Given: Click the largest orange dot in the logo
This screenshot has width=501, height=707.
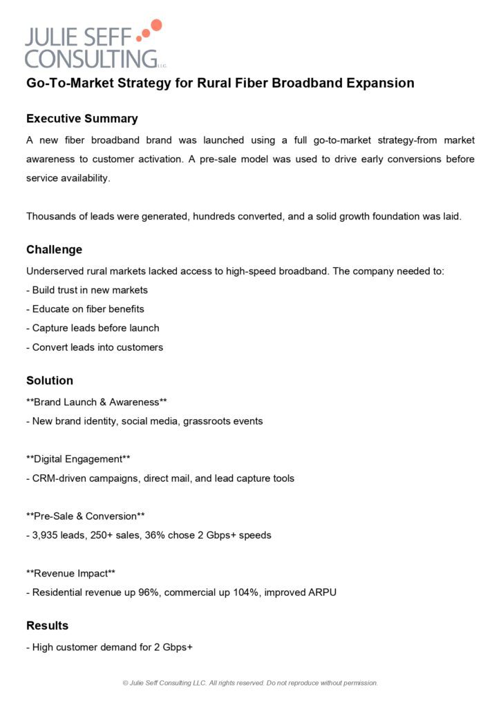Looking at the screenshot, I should [156, 26].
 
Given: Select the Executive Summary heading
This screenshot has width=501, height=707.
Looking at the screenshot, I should [82, 119].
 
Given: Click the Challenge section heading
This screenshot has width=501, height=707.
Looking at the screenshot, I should [54, 250].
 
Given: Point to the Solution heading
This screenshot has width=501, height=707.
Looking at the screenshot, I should [50, 380].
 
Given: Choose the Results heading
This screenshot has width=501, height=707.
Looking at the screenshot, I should [47, 626].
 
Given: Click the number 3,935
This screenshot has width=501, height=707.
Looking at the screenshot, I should [46, 535].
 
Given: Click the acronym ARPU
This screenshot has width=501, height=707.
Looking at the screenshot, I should [321, 592].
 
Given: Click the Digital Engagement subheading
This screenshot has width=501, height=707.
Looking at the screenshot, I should [78, 458].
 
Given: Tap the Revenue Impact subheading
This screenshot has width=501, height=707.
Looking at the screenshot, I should [70, 573].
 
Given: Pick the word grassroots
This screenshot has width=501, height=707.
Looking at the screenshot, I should [208, 420].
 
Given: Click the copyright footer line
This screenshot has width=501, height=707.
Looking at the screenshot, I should [250, 683].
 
